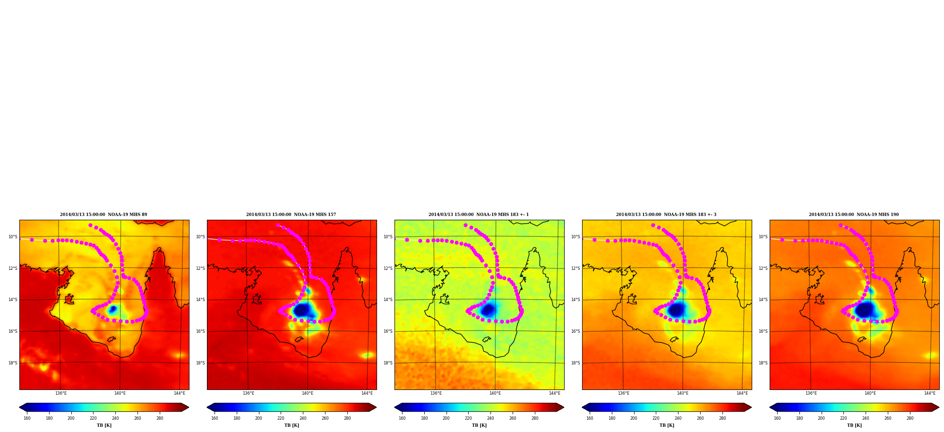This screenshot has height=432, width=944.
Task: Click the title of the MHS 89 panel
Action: [x=103, y=215]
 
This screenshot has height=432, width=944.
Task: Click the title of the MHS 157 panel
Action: [x=291, y=215]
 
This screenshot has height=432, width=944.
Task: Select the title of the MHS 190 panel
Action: [x=854, y=215]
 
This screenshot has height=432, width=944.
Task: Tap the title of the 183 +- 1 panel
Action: [x=479, y=215]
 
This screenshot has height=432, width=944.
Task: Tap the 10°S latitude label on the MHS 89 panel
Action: [x=13, y=237]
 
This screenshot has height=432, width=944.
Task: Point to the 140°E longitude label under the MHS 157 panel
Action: [x=308, y=393]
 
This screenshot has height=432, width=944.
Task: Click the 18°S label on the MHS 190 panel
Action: [x=763, y=363]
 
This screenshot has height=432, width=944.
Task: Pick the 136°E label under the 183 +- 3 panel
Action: [x=624, y=393]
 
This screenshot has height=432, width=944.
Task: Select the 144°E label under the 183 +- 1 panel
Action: [x=555, y=393]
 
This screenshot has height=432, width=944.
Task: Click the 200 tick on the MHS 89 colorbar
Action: [x=71, y=418]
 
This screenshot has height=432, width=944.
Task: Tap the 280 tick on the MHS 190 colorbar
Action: [x=910, y=418]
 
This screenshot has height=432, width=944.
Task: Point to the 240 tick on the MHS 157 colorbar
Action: [x=303, y=418]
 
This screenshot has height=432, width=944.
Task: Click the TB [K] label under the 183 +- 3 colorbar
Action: [x=667, y=425]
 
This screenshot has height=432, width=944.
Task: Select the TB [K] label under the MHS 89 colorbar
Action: [x=104, y=425]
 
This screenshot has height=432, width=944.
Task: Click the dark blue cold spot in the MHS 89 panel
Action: [x=112, y=310]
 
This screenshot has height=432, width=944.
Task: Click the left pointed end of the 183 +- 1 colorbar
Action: [x=395, y=407]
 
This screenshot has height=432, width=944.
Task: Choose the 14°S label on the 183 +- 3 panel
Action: [x=575, y=300]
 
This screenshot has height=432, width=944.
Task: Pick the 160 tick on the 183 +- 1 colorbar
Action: [x=402, y=418]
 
